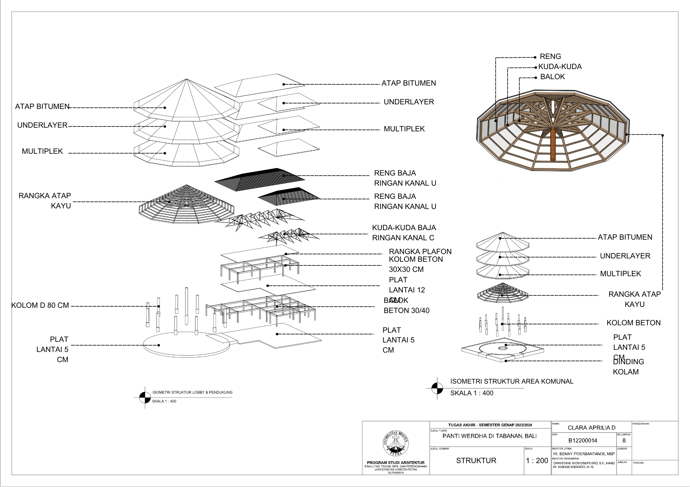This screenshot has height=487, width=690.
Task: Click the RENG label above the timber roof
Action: (x=550, y=56)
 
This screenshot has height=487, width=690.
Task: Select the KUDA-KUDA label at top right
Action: (x=560, y=67)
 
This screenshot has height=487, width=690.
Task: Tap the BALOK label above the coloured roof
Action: (x=552, y=77)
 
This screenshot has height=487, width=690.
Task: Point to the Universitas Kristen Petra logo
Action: (x=396, y=443)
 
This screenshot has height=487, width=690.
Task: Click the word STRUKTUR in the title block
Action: (x=476, y=460)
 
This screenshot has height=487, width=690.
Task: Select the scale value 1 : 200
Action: (x=537, y=460)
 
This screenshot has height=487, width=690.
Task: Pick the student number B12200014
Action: (x=582, y=440)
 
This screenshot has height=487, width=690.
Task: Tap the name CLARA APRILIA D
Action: (x=591, y=427)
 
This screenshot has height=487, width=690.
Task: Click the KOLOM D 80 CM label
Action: (x=40, y=305)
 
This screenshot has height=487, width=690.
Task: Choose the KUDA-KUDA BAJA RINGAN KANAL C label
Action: (x=404, y=233)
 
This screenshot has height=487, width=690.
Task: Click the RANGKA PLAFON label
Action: (x=420, y=251)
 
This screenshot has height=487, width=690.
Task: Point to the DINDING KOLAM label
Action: (x=628, y=367)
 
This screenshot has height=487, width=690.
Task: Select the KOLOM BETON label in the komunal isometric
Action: (x=633, y=323)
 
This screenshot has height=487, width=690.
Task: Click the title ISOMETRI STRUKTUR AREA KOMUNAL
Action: (x=512, y=381)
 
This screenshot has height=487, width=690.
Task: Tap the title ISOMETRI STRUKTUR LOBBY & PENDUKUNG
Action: (x=192, y=392)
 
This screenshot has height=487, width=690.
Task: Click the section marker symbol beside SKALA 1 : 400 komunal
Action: (x=437, y=388)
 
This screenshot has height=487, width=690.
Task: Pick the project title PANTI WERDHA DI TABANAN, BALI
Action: (x=489, y=436)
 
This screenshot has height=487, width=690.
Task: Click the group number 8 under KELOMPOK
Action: (x=624, y=440)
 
